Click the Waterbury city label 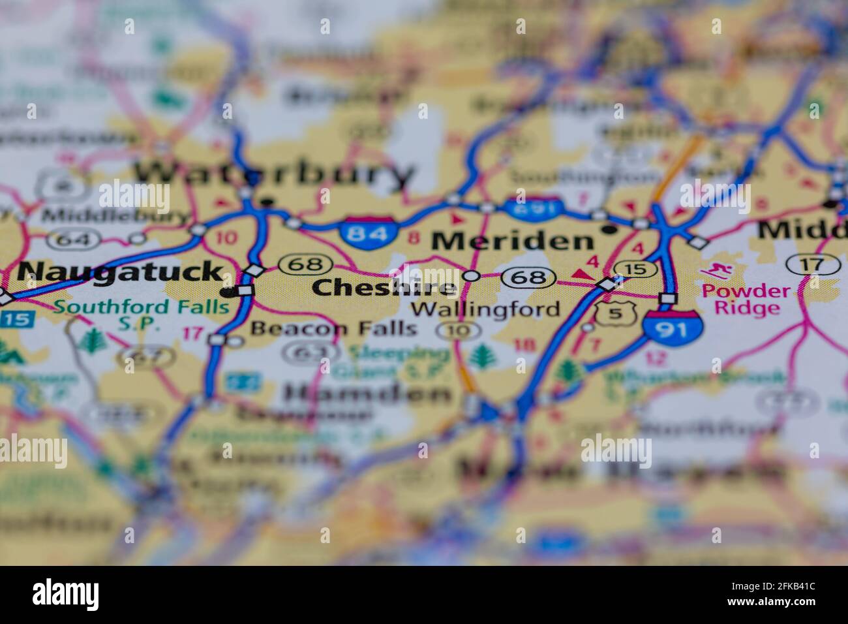pos(274,175)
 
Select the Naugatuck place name pos(120,272)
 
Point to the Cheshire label pos(384,287)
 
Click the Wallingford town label pos(486,309)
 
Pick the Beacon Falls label pos(333,328)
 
